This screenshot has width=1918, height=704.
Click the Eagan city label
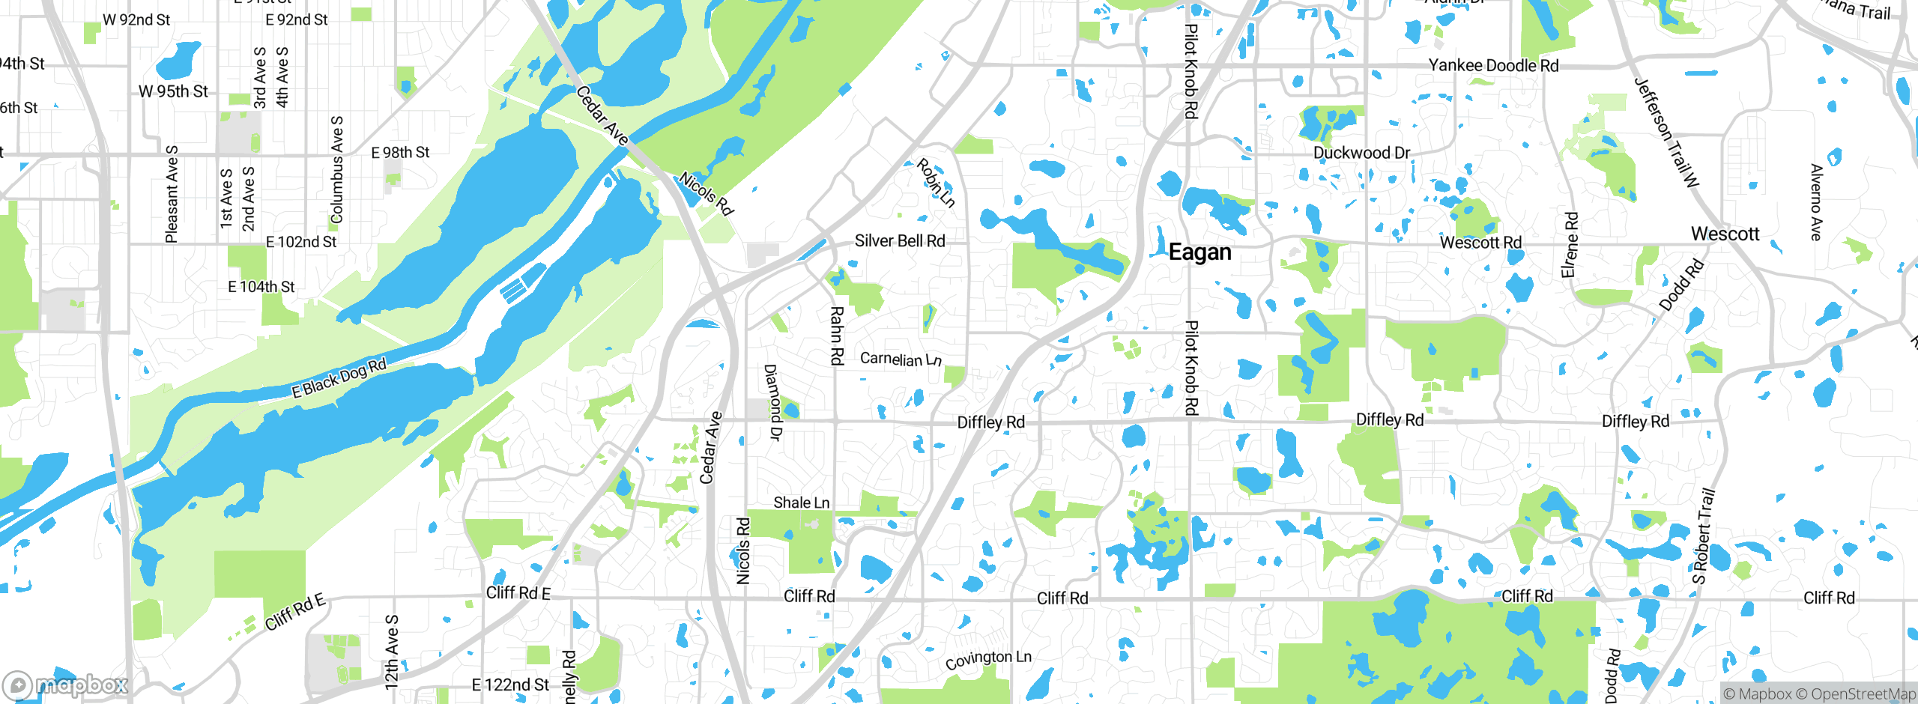(x=1199, y=252)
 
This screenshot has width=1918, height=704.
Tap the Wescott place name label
(x=1725, y=234)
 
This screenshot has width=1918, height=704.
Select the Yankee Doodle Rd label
(x=1493, y=65)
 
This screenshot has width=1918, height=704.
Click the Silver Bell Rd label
(x=899, y=240)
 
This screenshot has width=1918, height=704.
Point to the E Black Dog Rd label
(x=339, y=377)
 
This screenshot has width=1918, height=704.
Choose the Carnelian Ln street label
(x=900, y=359)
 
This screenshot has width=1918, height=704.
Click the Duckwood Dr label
(x=1361, y=153)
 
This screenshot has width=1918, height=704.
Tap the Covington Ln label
(x=987, y=659)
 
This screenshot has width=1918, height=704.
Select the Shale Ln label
(x=801, y=503)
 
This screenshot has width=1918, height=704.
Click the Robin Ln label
(x=936, y=182)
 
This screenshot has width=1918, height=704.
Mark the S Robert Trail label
(x=1703, y=536)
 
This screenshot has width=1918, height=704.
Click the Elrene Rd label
(x=1570, y=245)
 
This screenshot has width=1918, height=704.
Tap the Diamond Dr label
(x=772, y=402)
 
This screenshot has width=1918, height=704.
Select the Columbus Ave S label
(x=336, y=169)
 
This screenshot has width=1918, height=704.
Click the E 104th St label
(x=261, y=287)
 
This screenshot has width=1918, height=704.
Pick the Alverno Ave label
(x=1815, y=202)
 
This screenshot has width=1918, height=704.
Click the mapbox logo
(x=66, y=685)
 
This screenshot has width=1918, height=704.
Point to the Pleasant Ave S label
(x=172, y=194)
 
